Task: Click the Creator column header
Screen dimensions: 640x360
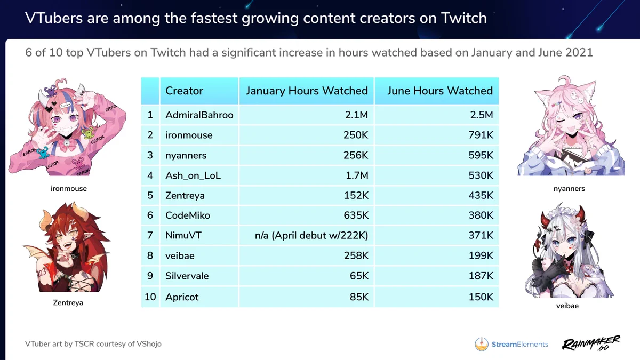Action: click(x=185, y=91)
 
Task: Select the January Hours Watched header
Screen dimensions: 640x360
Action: click(x=307, y=91)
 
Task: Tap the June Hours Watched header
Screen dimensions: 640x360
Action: click(x=440, y=91)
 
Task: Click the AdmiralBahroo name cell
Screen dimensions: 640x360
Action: click(x=199, y=115)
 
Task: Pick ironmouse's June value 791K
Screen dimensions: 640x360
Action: click(x=481, y=135)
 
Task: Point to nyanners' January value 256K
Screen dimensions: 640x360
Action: click(x=356, y=155)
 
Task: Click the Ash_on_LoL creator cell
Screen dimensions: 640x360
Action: click(x=193, y=175)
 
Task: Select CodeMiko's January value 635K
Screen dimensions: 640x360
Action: click(x=356, y=215)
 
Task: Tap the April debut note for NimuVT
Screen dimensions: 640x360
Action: click(x=311, y=235)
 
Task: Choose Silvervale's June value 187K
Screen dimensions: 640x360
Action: click(x=481, y=276)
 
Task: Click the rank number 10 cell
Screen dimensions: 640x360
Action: click(x=150, y=297)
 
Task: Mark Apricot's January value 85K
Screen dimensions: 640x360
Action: click(x=359, y=297)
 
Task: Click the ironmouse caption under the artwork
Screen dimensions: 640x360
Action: click(x=69, y=189)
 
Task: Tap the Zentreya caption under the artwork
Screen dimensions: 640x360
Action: click(x=68, y=302)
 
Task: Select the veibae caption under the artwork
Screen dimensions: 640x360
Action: click(x=567, y=306)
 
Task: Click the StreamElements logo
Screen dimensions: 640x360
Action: click(x=511, y=344)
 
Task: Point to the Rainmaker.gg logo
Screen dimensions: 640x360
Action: click(x=591, y=343)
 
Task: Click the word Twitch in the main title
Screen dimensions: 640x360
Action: click(x=463, y=18)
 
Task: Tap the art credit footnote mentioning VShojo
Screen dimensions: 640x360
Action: click(x=93, y=344)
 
